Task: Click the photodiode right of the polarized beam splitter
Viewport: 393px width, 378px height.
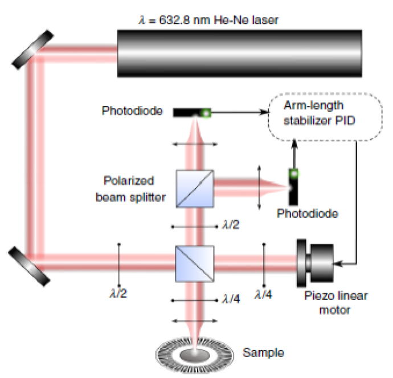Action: coord(293,186)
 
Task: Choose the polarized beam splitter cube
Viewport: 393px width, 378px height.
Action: coord(195,188)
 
